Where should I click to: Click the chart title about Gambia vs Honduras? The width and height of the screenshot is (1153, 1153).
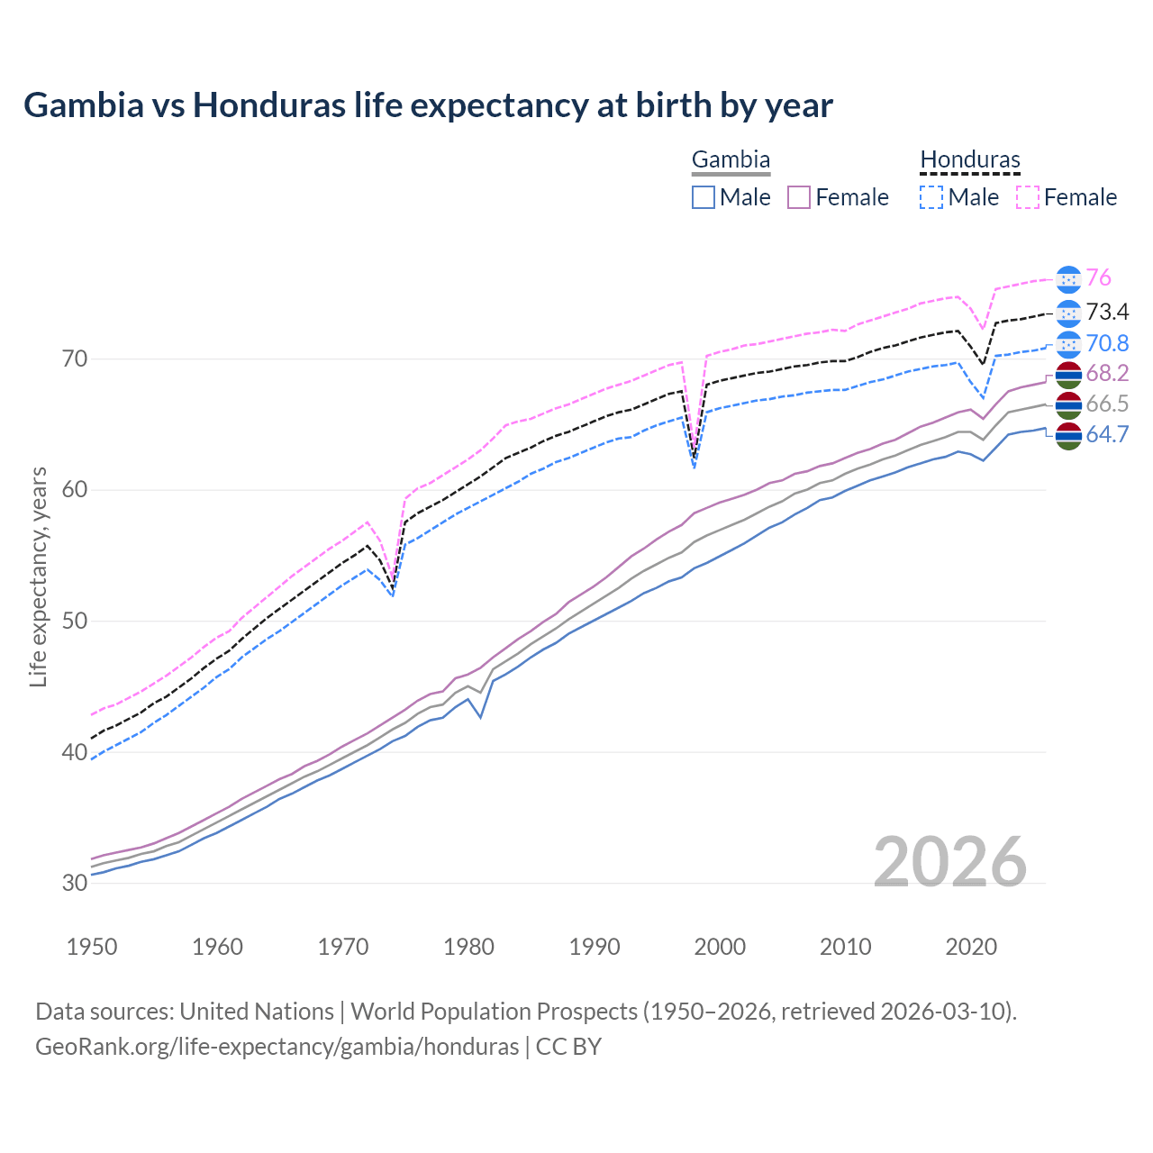coord(428,105)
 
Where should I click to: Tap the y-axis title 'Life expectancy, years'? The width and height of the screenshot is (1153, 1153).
coord(38,576)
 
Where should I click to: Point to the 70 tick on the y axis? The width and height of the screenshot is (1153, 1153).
coord(75,359)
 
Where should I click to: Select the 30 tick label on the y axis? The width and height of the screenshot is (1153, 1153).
coord(75,883)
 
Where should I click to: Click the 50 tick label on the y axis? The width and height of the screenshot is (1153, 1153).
coord(75,622)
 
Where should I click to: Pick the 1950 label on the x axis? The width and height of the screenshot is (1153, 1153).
coord(92,947)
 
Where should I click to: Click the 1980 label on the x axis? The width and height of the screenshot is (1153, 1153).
coord(468,947)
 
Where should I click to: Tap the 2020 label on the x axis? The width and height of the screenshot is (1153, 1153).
coord(971,947)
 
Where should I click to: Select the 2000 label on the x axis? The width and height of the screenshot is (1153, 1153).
coord(720,947)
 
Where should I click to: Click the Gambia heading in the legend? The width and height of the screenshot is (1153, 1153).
coord(731,160)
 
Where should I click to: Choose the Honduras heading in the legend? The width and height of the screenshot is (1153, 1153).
coord(970,160)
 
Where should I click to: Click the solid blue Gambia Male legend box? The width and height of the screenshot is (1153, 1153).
coord(704,197)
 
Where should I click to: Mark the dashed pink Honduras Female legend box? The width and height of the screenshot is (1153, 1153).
coord(1028,197)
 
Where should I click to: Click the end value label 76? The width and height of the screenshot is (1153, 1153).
coord(1098,278)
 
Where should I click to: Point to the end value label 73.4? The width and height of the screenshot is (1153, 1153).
coord(1107,312)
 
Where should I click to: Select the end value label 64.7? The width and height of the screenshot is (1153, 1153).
coord(1107,435)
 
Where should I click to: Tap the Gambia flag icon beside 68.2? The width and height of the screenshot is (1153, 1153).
coord(1068,374)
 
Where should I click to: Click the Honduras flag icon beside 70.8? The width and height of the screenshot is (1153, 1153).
coord(1068,344)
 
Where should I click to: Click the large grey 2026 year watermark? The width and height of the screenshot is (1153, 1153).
coord(950,863)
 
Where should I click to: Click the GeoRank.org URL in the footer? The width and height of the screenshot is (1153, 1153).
coord(277,1047)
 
